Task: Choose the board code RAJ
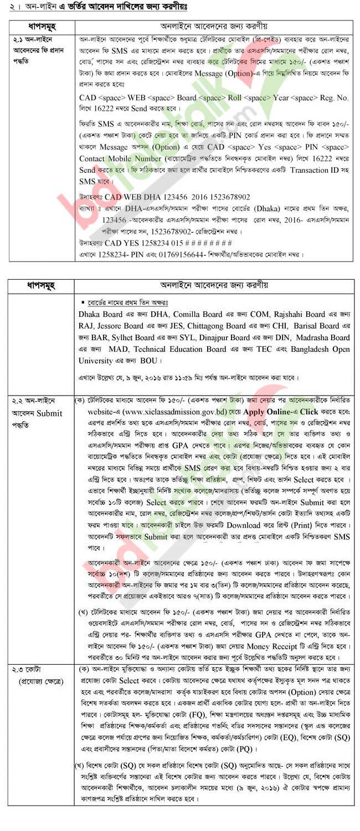tap(88, 325)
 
